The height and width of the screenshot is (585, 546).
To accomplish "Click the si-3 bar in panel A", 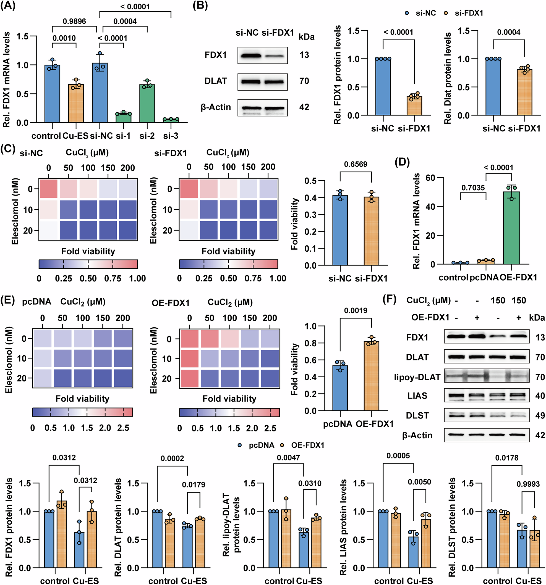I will [171, 120].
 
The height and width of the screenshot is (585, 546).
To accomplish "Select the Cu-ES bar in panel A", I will [76, 103].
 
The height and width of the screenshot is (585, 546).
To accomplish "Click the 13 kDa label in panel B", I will [304, 55].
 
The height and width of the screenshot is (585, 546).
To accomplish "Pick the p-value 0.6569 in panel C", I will [356, 164].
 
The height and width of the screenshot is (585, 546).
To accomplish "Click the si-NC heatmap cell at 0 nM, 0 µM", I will [48, 189].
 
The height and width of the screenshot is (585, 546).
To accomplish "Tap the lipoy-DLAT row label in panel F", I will [417, 377].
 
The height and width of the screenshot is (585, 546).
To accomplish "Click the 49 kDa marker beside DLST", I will [540, 415].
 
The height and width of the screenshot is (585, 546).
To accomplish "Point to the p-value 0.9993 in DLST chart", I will [528, 484].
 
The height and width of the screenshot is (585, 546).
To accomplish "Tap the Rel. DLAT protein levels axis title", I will [118, 527].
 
